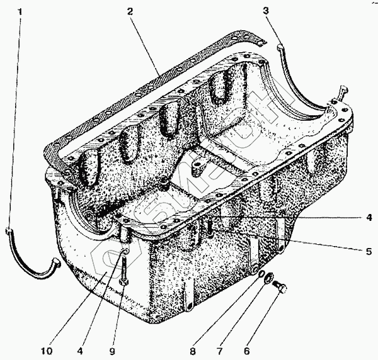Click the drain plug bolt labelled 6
[281, 289]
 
